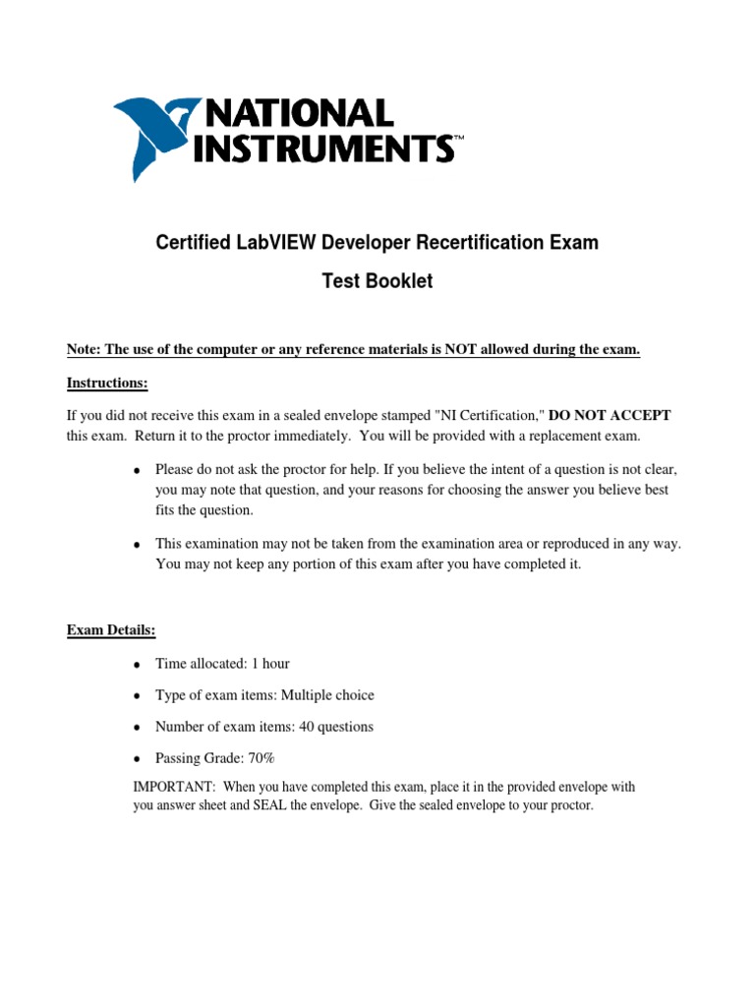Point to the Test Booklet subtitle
tap(377, 282)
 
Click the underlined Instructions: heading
tap(107, 383)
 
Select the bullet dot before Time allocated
tap(137, 665)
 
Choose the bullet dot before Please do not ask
tap(137, 470)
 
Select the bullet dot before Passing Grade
tap(137, 759)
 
